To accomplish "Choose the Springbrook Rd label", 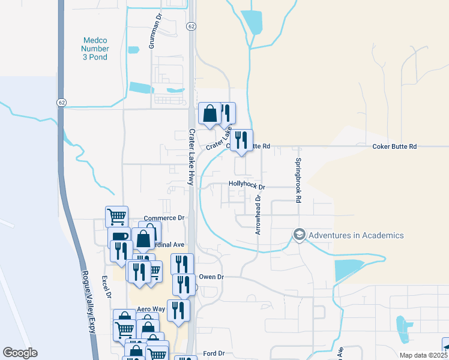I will (297, 179).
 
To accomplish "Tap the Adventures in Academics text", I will (356, 235).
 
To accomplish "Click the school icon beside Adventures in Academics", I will (299, 234).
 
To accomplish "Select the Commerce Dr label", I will (164, 218).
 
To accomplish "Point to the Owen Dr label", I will (211, 277).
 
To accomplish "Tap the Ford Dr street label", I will (214, 353).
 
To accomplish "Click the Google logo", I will (20, 353).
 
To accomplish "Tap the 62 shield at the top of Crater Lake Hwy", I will (191, 26).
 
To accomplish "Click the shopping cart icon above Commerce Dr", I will (116, 215).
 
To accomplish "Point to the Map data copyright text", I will (423, 355).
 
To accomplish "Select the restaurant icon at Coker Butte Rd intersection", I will (241, 140).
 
